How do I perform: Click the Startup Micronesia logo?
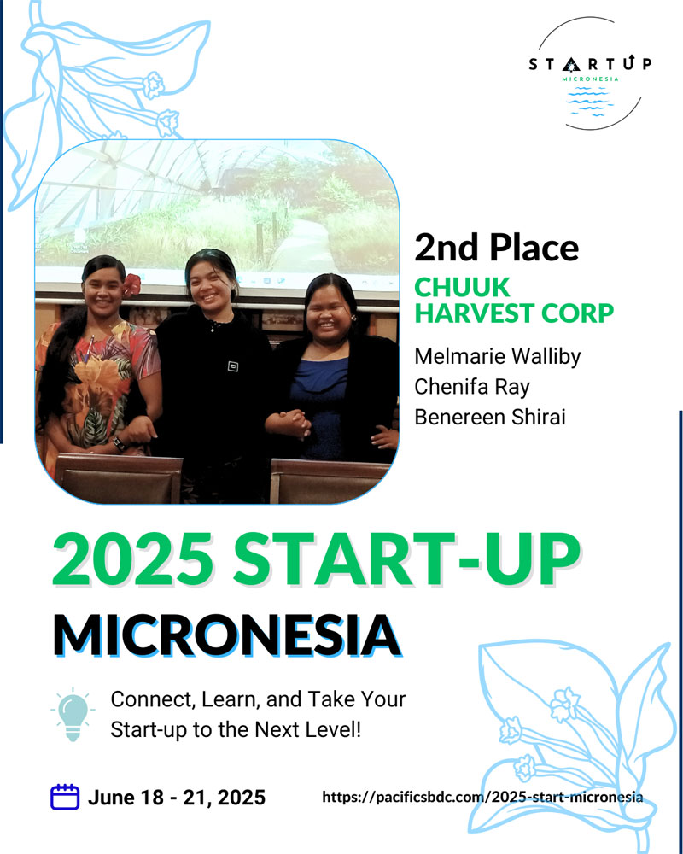pyautogui.click(x=590, y=73)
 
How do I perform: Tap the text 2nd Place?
pyautogui.click(x=496, y=248)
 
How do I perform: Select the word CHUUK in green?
pyautogui.click(x=462, y=287)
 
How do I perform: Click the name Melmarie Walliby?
pyautogui.click(x=497, y=357)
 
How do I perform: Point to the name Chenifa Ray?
pyautogui.click(x=471, y=387)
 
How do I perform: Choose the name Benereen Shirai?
pyautogui.click(x=490, y=418)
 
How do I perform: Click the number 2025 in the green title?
pyautogui.click(x=132, y=559)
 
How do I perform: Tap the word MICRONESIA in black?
pyautogui.click(x=226, y=635)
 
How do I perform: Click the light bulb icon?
pyautogui.click(x=73, y=714)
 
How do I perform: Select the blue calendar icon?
pyautogui.click(x=65, y=797)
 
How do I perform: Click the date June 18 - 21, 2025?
pyautogui.click(x=177, y=798)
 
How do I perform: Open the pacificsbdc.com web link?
pyautogui.click(x=482, y=798)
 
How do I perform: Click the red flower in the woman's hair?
pyautogui.click(x=131, y=285)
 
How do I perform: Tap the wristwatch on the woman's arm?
pyautogui.click(x=118, y=444)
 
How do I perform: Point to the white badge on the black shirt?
pyautogui.click(x=233, y=366)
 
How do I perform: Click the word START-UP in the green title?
pyautogui.click(x=406, y=559)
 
